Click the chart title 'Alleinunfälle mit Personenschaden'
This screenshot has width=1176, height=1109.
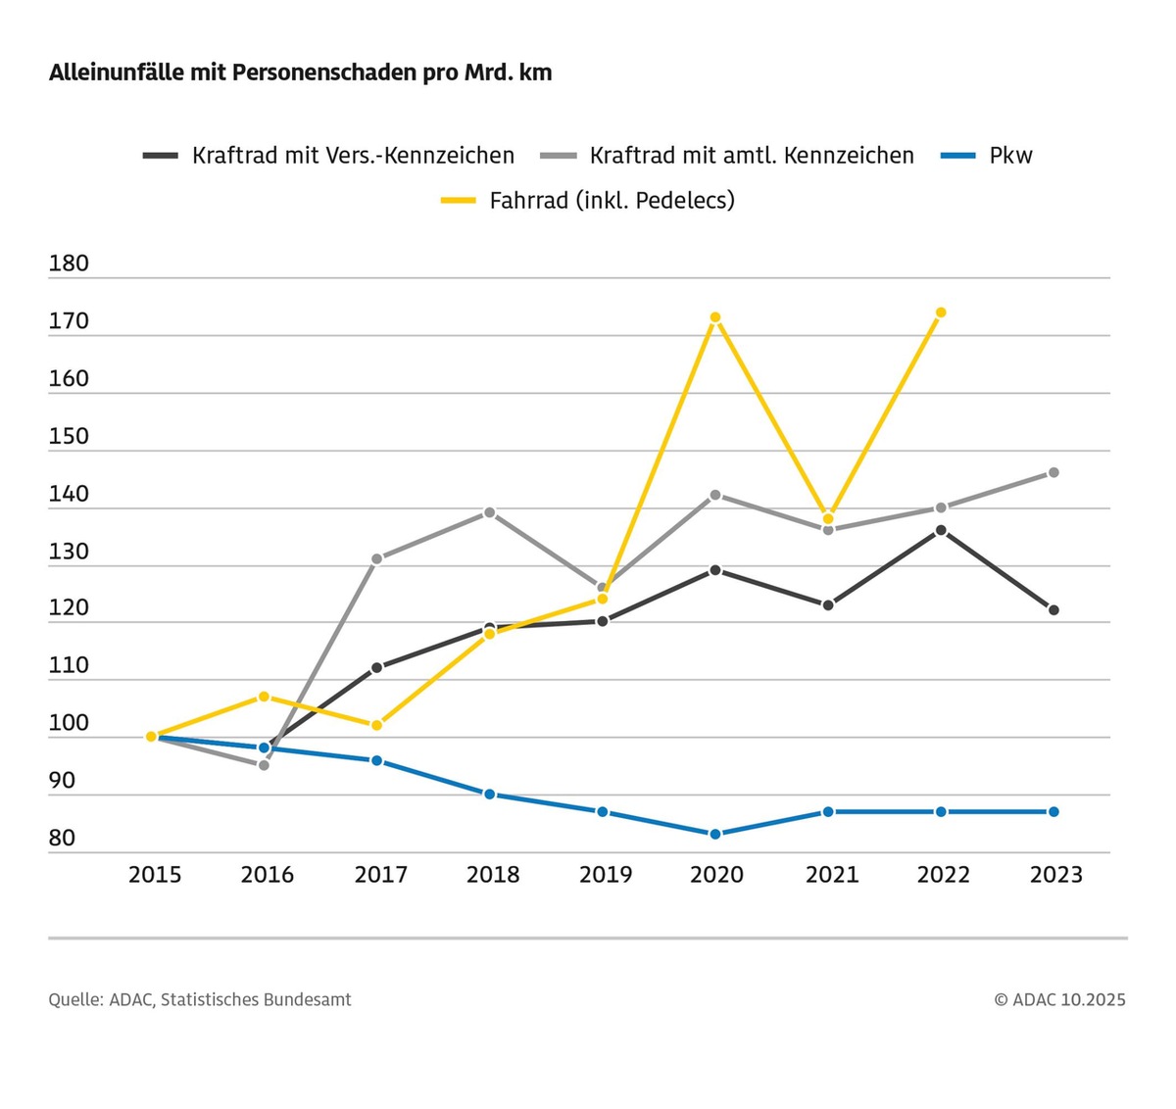click(x=300, y=73)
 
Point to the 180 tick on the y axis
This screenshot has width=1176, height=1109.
click(x=69, y=264)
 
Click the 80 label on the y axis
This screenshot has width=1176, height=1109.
click(x=62, y=838)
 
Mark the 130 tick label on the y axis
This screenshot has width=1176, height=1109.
click(x=69, y=552)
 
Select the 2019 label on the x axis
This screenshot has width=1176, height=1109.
click(x=606, y=874)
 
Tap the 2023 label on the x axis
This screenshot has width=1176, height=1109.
click(x=1055, y=874)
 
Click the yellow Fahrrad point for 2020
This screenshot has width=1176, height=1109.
click(x=715, y=317)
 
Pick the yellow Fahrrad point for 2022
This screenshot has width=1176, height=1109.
click(x=941, y=313)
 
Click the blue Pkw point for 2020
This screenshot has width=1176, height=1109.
click(x=715, y=834)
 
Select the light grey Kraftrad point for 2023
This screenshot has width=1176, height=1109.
click(x=1053, y=472)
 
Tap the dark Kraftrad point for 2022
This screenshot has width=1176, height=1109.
click(x=941, y=530)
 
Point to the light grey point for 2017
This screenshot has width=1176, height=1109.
click(x=376, y=558)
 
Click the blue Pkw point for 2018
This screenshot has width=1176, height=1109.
click(x=489, y=794)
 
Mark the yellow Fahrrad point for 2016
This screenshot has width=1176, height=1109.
click(x=264, y=697)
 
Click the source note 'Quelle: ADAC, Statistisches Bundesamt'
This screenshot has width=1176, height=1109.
click(x=200, y=1000)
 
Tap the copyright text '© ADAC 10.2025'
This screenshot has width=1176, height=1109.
click(x=1059, y=1000)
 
